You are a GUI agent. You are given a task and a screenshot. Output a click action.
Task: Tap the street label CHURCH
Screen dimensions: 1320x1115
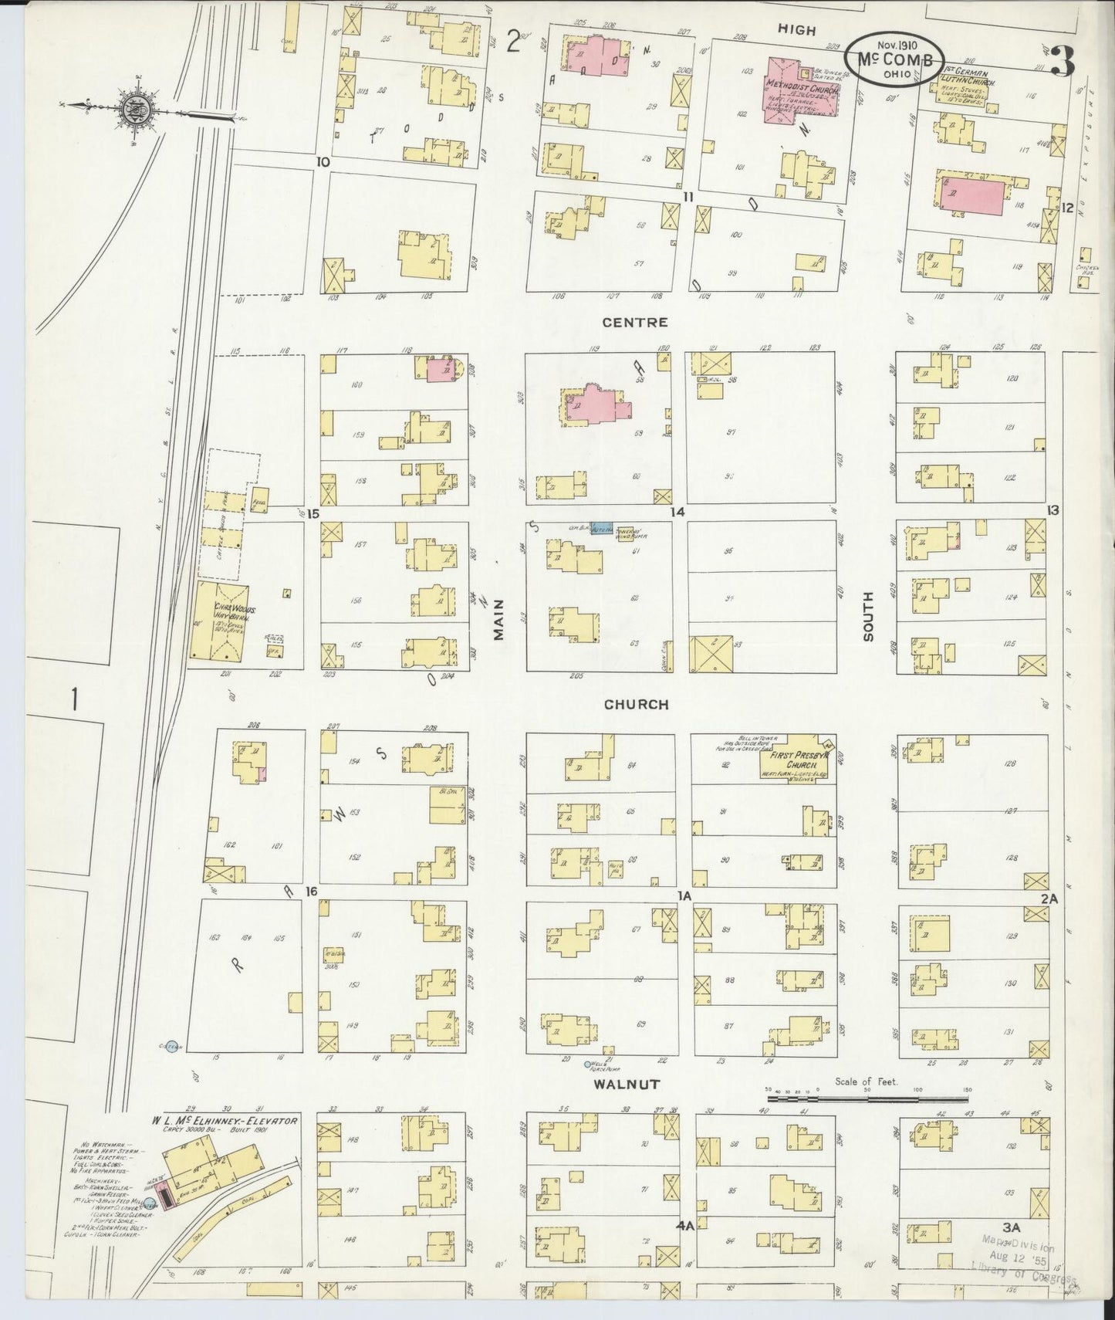pyautogui.click(x=636, y=705)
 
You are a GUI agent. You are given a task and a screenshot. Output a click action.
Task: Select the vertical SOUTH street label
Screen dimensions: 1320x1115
pyautogui.click(x=869, y=617)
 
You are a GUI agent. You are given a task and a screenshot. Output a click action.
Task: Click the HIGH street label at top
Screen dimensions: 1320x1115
pyautogui.click(x=796, y=29)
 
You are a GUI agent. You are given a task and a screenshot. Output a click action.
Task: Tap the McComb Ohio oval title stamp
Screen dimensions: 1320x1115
pyautogui.click(x=894, y=59)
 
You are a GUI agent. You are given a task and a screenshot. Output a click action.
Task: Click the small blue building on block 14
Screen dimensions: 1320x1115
pyautogui.click(x=601, y=530)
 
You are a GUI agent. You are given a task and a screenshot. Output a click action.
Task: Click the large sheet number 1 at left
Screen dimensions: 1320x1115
pyautogui.click(x=75, y=699)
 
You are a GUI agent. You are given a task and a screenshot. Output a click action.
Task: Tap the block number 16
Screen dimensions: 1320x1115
pyautogui.click(x=311, y=892)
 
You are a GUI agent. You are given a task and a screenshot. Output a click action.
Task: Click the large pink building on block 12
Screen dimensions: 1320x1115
pyautogui.click(x=972, y=194)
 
